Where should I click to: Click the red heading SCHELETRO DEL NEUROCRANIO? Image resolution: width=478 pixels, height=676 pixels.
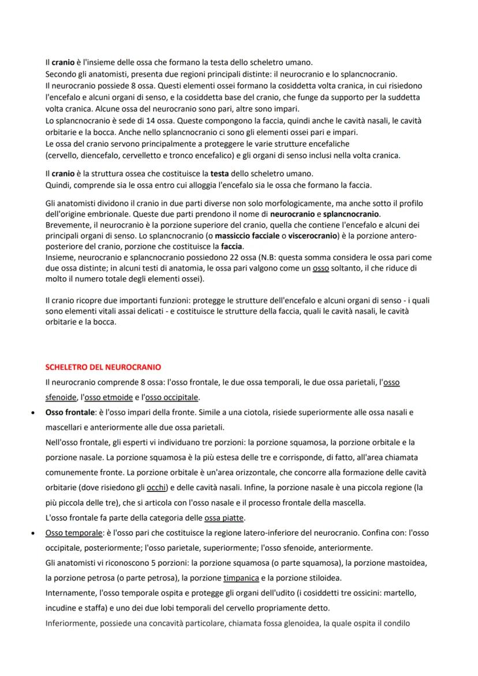pos(103,367)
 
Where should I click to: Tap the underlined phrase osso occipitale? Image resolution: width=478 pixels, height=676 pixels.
pos(172,398)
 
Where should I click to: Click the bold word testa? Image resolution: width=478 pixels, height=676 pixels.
pos(219,173)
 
